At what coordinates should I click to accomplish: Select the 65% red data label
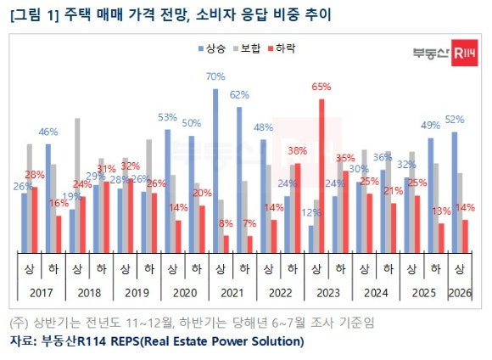pyautogui.click(x=321, y=87)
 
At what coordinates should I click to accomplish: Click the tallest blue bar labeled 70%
pyautogui.click(x=216, y=170)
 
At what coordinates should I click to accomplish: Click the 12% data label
pyautogui.click(x=310, y=212)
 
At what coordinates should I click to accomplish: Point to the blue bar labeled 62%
pyautogui.click(x=240, y=178)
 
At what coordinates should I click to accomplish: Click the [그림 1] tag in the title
pyautogui.click(x=31, y=14)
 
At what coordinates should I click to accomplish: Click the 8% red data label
pyautogui.click(x=225, y=223)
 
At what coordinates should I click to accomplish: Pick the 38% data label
pyautogui.click(x=297, y=151)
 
